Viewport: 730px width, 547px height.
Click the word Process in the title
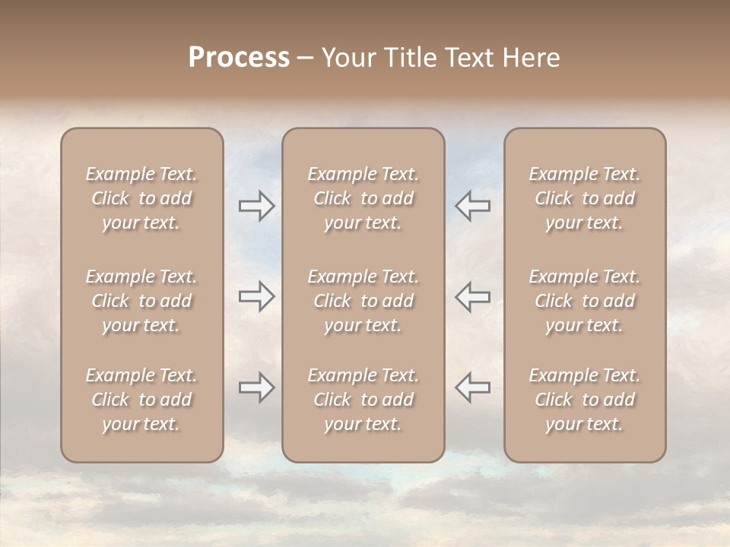pos(239,58)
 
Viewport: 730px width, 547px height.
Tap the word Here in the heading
pos(531,58)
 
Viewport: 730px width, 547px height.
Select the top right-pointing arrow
pos(256,206)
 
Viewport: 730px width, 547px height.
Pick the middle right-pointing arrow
pos(256,296)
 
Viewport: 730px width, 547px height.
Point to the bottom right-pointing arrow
pos(256,388)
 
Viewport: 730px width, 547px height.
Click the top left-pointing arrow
pos(472,206)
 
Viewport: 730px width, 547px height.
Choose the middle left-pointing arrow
pos(472,296)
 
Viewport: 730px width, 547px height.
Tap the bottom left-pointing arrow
pos(472,387)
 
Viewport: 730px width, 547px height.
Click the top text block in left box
pos(141,198)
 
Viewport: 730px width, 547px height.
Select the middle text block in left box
pos(141,301)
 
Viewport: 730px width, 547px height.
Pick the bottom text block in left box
pos(141,400)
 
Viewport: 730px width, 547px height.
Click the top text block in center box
pos(363,198)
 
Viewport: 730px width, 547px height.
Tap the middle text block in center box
pos(363,301)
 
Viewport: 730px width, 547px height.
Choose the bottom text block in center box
pos(363,400)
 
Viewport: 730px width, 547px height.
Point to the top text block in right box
pos(584,198)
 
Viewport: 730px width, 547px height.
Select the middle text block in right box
pos(584,301)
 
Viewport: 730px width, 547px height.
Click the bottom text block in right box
pos(584,400)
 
